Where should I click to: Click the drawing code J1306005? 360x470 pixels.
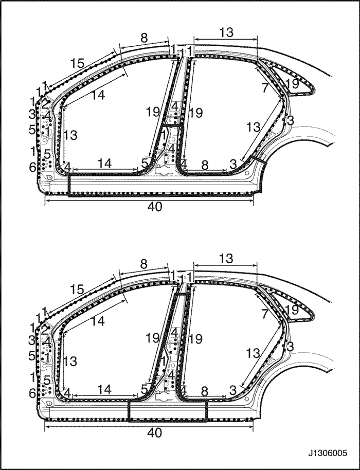[x=327, y=453]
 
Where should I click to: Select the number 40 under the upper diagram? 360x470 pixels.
[x=155, y=207]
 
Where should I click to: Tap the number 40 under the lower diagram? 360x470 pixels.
[x=155, y=433]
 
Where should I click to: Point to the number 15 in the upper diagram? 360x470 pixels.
[x=77, y=64]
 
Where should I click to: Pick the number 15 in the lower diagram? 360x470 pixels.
[x=77, y=290]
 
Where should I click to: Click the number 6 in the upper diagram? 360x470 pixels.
[x=32, y=167]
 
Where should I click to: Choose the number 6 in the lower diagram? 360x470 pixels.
[x=32, y=393]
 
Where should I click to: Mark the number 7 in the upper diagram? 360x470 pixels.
[x=264, y=88]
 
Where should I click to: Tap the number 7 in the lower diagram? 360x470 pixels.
[x=264, y=314]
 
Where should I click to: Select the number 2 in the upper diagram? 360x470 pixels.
[x=45, y=104]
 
